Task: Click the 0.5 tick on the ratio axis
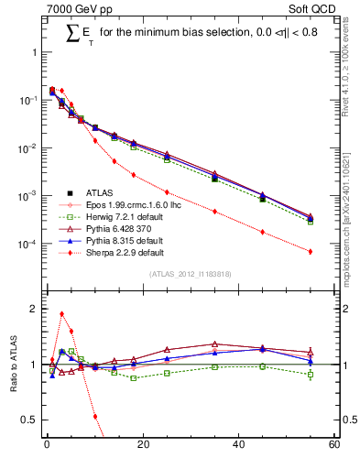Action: [28, 420]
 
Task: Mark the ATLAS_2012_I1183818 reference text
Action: [190, 274]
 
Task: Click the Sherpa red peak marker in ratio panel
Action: [61, 313]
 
